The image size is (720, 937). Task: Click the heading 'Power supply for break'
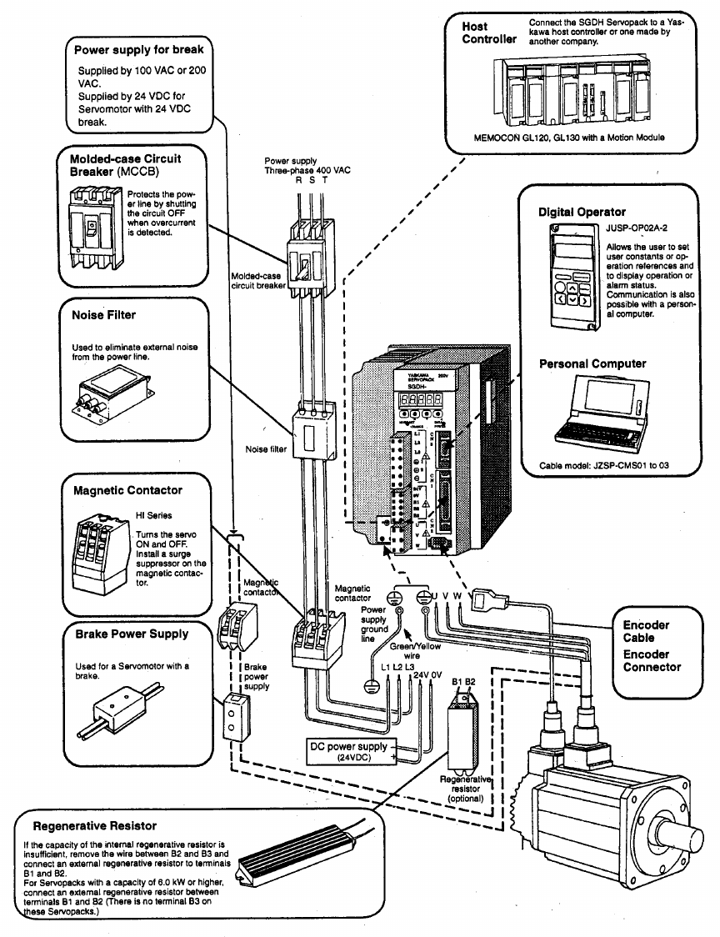138,51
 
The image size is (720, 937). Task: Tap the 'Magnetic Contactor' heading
127,490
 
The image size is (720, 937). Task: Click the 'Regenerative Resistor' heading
94,826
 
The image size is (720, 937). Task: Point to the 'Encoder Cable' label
646,631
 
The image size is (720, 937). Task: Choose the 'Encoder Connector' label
652,660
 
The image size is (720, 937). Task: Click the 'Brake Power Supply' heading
132,634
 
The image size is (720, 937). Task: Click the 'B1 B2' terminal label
463,682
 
